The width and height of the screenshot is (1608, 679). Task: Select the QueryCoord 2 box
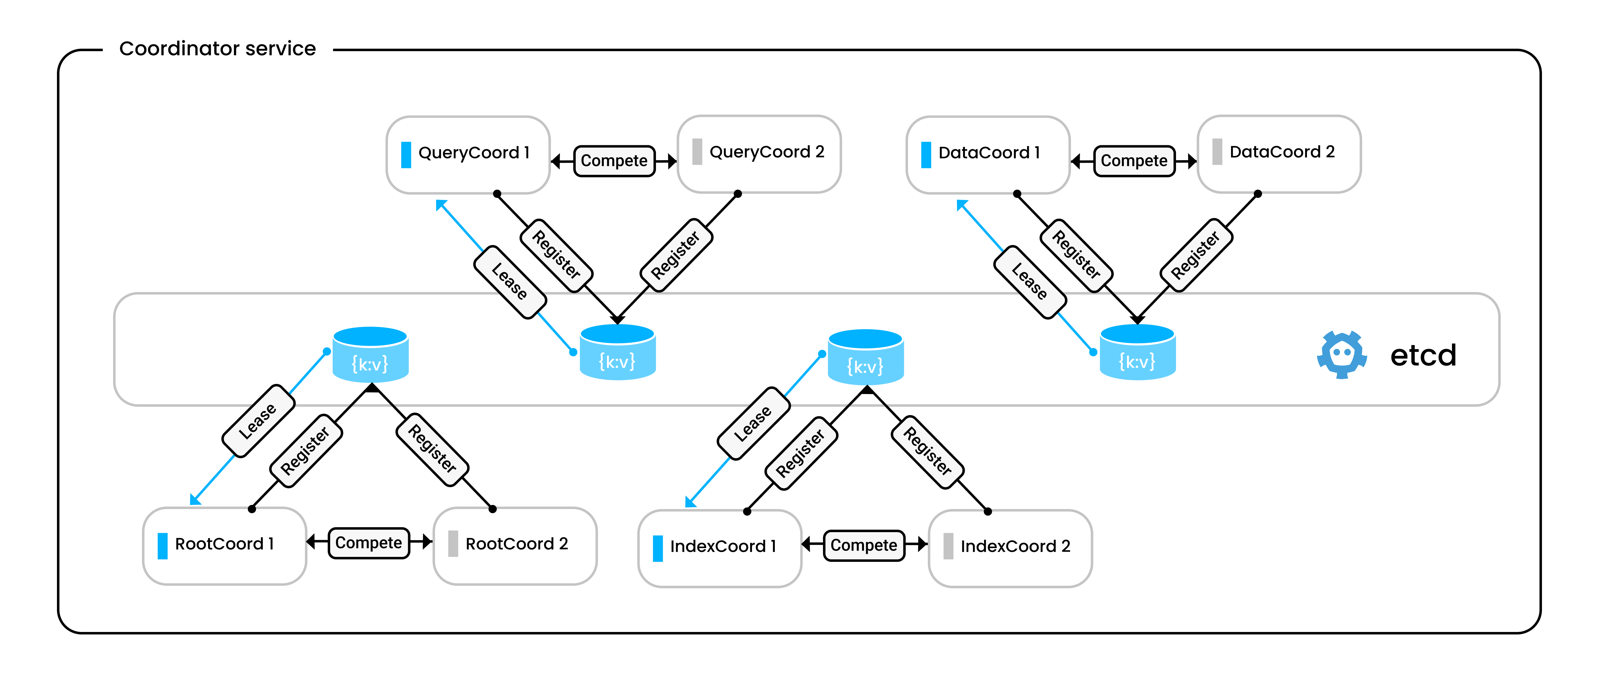[x=759, y=153]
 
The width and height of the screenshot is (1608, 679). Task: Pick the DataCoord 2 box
[x=1279, y=153]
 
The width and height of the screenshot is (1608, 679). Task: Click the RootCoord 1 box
[x=224, y=545]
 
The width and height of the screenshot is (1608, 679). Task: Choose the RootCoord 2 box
[x=515, y=545]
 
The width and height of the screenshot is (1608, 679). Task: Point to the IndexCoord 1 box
[x=719, y=548]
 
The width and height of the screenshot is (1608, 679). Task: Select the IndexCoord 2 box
[x=1010, y=548]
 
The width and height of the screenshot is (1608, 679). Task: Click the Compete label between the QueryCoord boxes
[x=614, y=161]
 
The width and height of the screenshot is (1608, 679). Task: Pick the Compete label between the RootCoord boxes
[x=369, y=543]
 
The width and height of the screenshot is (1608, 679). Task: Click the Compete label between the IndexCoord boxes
[x=864, y=545]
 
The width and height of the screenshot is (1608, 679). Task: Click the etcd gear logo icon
[x=1341, y=354]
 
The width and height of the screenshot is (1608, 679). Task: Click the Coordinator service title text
[x=217, y=49]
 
